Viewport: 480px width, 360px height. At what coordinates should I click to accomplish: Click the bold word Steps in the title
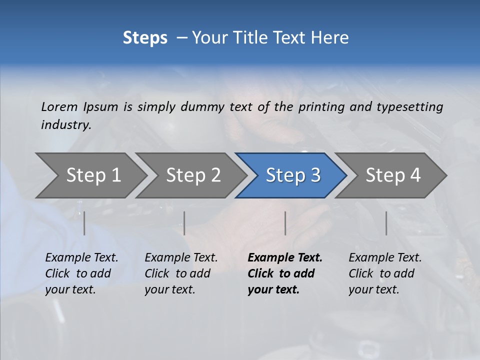145,38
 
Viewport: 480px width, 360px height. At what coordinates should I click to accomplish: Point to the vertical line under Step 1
84,223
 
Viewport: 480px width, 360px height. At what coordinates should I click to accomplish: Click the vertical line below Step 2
184,223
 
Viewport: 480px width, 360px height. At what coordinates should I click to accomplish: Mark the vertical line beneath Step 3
285,223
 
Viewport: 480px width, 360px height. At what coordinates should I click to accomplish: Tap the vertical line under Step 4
386,223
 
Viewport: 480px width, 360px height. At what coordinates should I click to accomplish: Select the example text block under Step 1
81,273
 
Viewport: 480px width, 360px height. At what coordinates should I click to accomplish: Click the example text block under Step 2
181,273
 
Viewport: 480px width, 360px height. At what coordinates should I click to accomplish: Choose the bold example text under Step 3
285,273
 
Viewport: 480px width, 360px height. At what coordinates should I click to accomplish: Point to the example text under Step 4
385,273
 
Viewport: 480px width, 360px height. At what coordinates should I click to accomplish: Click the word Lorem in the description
59,107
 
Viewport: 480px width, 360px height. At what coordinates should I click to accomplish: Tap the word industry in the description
66,125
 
